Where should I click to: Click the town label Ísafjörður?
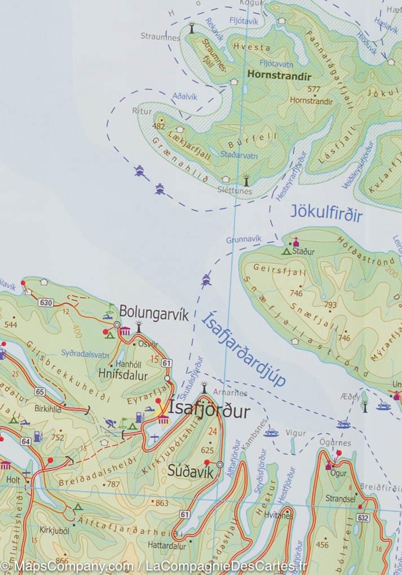pos(209,411)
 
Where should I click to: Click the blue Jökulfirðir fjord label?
pos(326,214)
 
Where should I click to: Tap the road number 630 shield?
pos(46,303)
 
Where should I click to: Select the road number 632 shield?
pos(363,517)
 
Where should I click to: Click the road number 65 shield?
pos(39,391)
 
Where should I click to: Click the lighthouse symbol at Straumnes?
pos(191,27)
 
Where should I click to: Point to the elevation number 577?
pos(314,89)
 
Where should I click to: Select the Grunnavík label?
pos(241,240)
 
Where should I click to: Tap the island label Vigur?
pos(297,433)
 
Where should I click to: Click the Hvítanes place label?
pos(280,516)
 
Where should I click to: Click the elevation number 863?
pos(162,503)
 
